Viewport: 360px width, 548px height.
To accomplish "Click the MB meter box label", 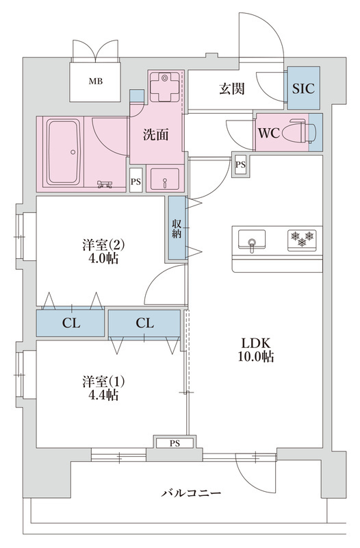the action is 95,82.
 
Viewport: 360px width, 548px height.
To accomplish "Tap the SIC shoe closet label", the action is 303,88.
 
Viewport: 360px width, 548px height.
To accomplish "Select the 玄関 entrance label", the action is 232,88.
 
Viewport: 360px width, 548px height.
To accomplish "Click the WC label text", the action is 268,133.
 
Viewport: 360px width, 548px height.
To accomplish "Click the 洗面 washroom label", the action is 156,134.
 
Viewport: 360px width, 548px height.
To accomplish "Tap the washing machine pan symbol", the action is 164,87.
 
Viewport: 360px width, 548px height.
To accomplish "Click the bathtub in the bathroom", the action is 64,151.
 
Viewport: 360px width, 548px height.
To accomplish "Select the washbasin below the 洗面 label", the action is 164,179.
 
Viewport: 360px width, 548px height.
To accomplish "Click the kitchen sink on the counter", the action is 252,239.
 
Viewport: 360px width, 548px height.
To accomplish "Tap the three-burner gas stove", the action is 302,240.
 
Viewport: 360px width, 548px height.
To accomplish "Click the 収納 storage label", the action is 177,229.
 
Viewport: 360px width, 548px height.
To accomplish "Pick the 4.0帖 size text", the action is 104,259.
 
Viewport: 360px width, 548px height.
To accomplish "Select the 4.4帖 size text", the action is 104,395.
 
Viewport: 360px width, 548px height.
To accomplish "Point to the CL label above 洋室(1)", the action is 144,323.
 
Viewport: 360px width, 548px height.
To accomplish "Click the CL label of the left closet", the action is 71,323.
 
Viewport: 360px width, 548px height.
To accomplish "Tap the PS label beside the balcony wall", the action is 175,443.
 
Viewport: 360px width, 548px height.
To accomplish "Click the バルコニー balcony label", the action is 191,493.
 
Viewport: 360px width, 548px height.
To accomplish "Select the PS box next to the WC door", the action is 240,164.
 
